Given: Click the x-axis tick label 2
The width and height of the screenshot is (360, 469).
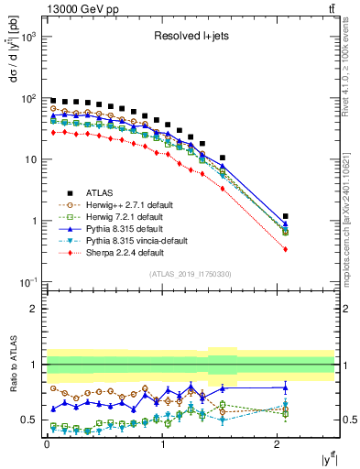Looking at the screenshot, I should pyautogui.click(x=278, y=444).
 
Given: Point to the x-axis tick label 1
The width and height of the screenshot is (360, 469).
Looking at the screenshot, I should pyautogui.click(x=162, y=444).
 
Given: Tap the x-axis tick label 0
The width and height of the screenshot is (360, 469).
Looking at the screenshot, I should pyautogui.click(x=47, y=444).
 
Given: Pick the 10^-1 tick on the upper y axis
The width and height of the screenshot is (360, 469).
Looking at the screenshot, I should pyautogui.click(x=29, y=282).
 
